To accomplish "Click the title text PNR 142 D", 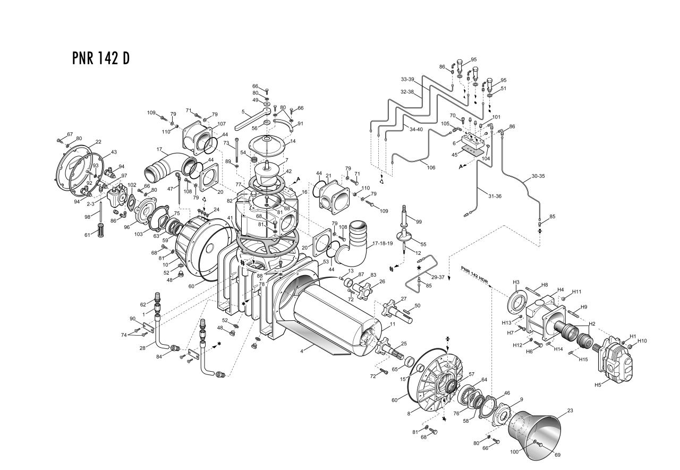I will (100, 58).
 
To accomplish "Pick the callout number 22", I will (98, 142).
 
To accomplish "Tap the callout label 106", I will (431, 167).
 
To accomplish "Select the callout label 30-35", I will (538, 176).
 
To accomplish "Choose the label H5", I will (598, 384).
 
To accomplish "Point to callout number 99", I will (419, 221).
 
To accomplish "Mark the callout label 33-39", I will (407, 79).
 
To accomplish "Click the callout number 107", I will (222, 124).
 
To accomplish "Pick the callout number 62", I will (142, 304).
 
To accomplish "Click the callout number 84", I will (159, 356).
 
